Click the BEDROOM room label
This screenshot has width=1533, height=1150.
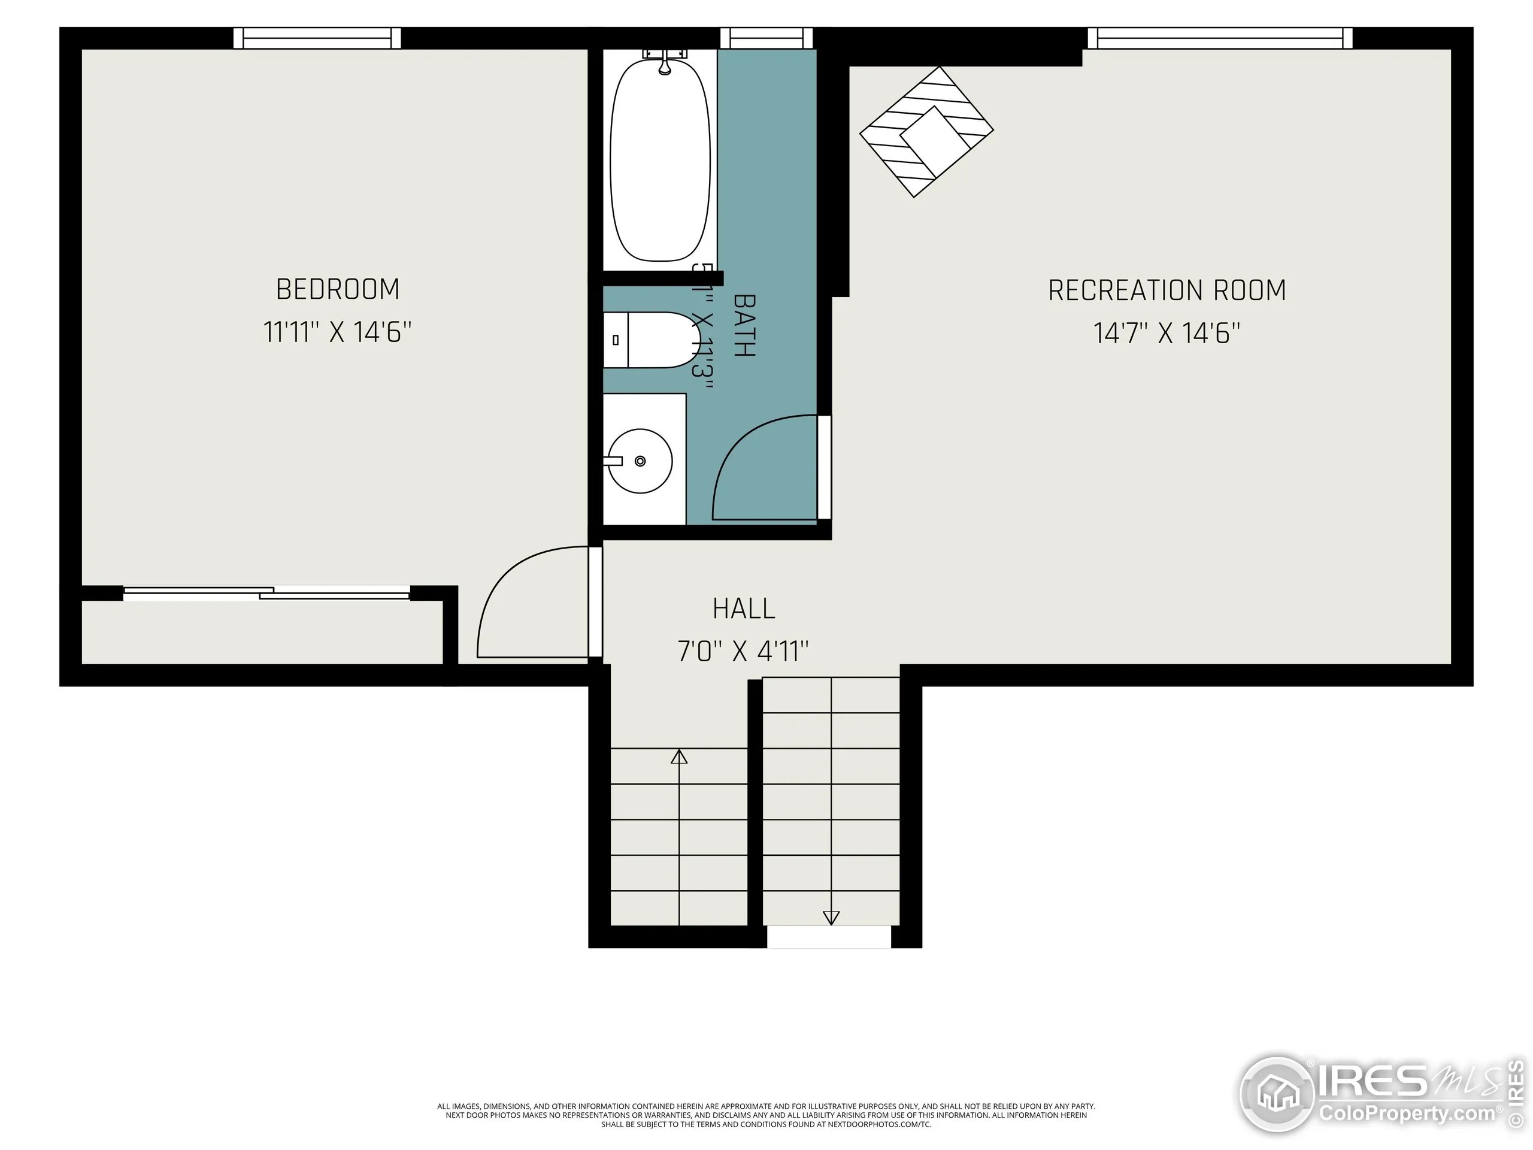(x=338, y=289)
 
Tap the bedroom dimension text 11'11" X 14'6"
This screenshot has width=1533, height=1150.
(x=338, y=332)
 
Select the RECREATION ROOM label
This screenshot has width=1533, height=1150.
(x=1167, y=290)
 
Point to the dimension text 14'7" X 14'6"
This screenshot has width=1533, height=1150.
(x=1167, y=334)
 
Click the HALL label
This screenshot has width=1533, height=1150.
(x=744, y=609)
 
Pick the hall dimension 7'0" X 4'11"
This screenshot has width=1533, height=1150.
(x=743, y=652)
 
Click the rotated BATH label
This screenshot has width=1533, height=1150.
(x=744, y=325)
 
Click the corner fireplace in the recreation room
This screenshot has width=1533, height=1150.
(x=926, y=132)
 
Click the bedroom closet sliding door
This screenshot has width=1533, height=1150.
(x=267, y=593)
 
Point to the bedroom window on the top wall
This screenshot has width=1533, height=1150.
(x=317, y=38)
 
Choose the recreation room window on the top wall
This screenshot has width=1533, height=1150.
(x=1220, y=38)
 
